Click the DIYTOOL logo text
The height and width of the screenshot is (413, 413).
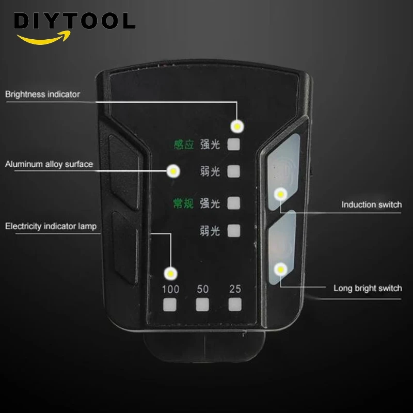pyautogui.click(x=74, y=21)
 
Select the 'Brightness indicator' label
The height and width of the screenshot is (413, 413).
pyautogui.click(x=42, y=94)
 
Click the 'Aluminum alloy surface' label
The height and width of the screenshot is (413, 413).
pyautogui.click(x=49, y=164)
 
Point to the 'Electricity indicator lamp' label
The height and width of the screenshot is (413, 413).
pyautogui.click(x=51, y=226)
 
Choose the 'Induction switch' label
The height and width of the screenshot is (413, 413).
pyautogui.click(x=372, y=204)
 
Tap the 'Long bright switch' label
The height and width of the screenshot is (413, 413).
pyautogui.click(x=368, y=288)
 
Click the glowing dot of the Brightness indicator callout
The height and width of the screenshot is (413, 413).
pyautogui.click(x=237, y=126)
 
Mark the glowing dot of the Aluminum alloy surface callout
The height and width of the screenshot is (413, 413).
pyautogui.click(x=173, y=171)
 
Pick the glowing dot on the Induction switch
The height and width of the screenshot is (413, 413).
pyautogui.click(x=280, y=195)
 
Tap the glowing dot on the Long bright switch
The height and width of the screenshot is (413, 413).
pyautogui.click(x=280, y=269)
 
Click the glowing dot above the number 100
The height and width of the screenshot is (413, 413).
pyautogui.click(x=171, y=274)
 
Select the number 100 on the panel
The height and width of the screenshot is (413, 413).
pyautogui.click(x=171, y=289)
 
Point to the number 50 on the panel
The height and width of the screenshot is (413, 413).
pyautogui.click(x=202, y=289)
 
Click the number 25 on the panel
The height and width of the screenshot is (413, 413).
pyautogui.click(x=235, y=289)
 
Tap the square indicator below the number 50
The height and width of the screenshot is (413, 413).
pyautogui.click(x=202, y=305)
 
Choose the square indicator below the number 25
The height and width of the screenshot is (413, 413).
pyautogui.click(x=235, y=305)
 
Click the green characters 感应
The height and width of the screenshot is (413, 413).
pyautogui.click(x=184, y=145)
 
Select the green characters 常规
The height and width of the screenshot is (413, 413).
pyautogui.click(x=183, y=203)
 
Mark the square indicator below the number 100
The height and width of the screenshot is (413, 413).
pyautogui.click(x=170, y=305)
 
